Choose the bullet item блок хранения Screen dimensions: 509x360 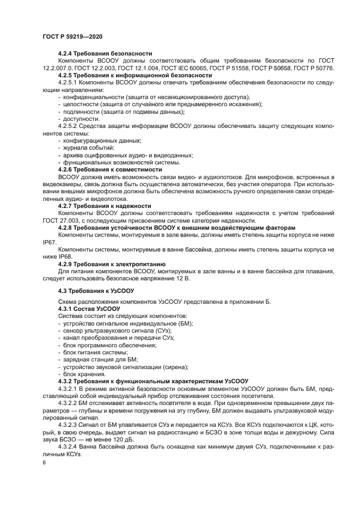(x=84, y=375)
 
